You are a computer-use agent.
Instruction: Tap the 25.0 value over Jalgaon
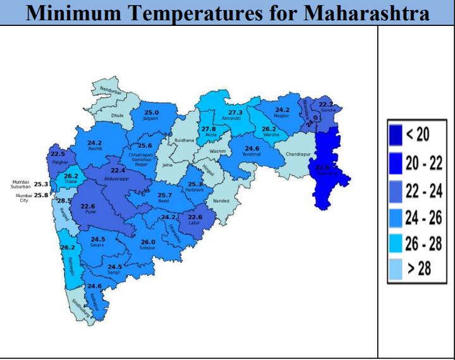coord(152,112)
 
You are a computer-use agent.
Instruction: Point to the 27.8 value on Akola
coord(209,129)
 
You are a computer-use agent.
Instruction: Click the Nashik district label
coord(95,149)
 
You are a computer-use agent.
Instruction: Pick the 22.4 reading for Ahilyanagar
coord(119,171)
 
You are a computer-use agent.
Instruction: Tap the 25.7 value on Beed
coord(164,196)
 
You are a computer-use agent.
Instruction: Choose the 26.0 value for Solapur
coord(148,242)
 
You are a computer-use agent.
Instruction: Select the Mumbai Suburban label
coord(21,184)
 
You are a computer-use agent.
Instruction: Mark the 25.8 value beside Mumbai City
coord(41,196)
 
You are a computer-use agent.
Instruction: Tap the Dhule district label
coord(118,116)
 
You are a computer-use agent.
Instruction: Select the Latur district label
coord(195,223)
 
